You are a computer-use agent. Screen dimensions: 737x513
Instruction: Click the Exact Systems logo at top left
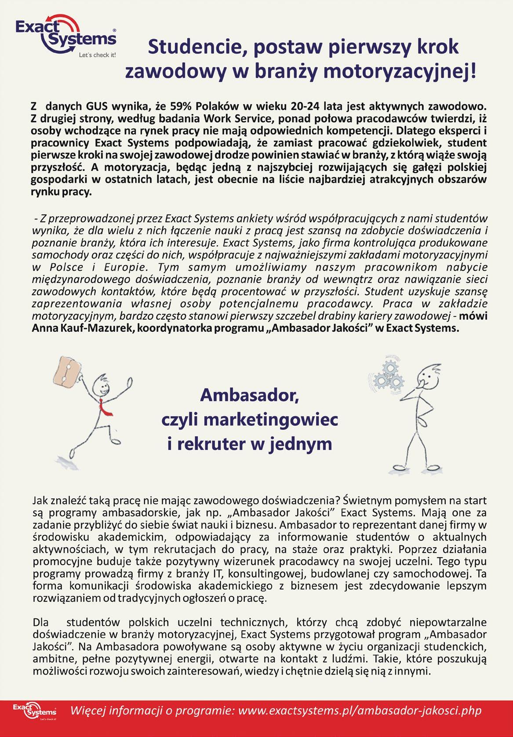tap(66, 35)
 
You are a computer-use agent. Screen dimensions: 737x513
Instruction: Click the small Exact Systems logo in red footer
tap(34, 711)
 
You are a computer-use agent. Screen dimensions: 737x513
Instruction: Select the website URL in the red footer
tap(359, 710)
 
